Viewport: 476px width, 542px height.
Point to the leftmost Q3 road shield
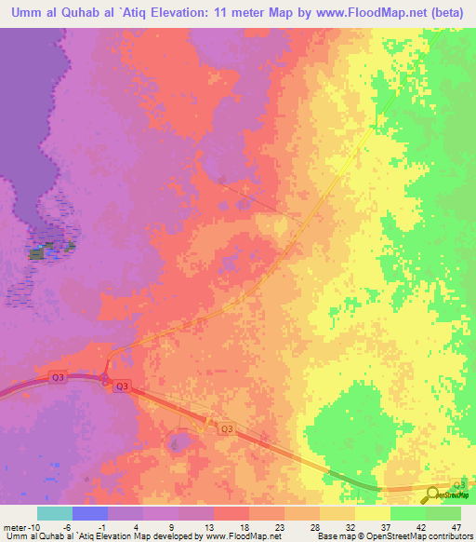[58, 375]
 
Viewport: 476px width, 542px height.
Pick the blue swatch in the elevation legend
[90, 513]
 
